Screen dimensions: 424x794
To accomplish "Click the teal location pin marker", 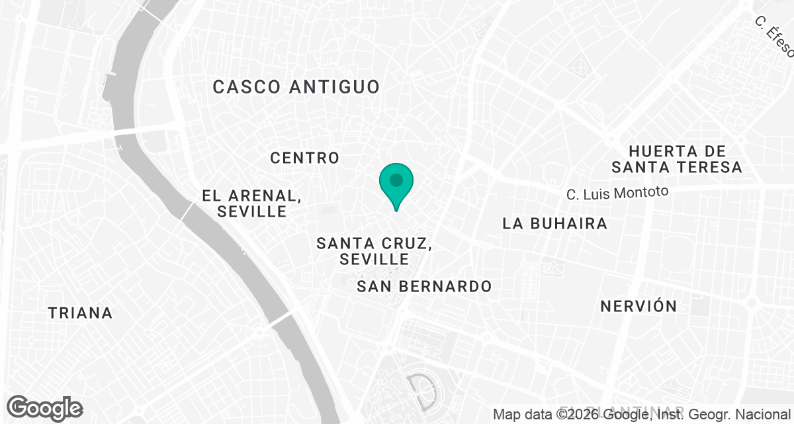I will point(396,184).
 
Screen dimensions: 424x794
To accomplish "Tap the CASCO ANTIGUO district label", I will point(296,87).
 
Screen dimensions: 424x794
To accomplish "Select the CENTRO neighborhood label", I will point(305,158).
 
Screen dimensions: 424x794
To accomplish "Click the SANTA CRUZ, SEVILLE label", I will point(375,251).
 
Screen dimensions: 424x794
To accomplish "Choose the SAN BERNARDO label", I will point(424,286).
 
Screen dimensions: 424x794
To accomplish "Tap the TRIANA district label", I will point(81,313).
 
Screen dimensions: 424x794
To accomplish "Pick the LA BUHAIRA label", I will point(554,223).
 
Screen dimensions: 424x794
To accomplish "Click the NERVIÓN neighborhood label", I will point(639,306).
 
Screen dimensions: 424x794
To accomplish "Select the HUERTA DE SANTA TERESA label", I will point(677,160).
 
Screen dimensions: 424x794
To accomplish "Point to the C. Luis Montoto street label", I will point(617,193).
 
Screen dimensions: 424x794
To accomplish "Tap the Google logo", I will point(44,408).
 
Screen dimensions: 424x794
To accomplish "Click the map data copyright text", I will point(642,415).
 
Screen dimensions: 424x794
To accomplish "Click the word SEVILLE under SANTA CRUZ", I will point(375,260).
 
